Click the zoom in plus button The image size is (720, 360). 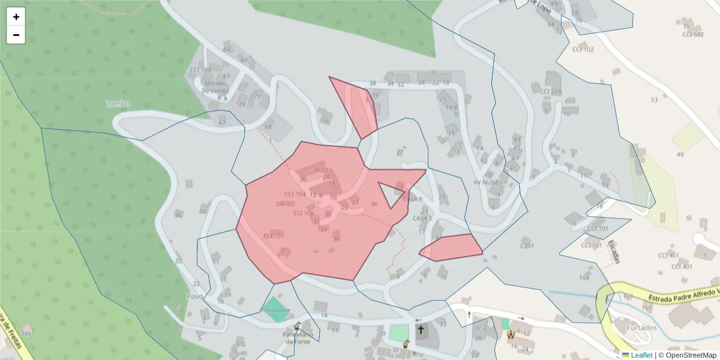click(16, 17)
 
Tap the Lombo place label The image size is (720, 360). click(118, 103)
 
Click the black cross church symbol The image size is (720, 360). click(421, 329)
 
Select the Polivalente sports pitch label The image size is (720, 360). click(275, 310)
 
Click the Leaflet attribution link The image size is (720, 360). click(641, 355)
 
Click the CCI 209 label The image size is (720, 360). click(550, 92)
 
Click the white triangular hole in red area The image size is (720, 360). click(392, 194)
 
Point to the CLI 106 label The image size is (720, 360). click(304, 213)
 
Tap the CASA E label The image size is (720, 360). click(422, 218)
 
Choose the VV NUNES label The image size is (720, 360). click(487, 182)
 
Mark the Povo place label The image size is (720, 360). click(194, 296)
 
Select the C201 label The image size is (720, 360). click(527, 245)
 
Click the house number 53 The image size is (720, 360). click(654, 100)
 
